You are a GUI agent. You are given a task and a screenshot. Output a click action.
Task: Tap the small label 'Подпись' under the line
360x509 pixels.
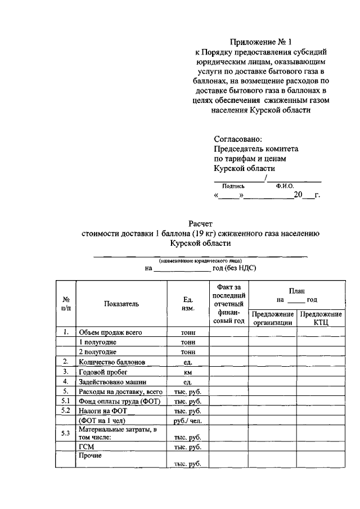coord(233,185)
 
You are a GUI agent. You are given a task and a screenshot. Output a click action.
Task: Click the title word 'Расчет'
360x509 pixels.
coord(200,224)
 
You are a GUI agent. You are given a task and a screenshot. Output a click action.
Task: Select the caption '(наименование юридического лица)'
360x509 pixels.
coord(200,261)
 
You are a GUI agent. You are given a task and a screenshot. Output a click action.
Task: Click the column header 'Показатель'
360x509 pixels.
coord(121,304)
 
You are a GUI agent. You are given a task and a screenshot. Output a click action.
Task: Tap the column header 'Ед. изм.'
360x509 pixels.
coord(188,304)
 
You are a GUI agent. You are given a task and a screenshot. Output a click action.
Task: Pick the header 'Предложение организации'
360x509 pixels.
coord(273,318)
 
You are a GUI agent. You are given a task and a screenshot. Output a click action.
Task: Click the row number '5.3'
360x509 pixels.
coord(66,433)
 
